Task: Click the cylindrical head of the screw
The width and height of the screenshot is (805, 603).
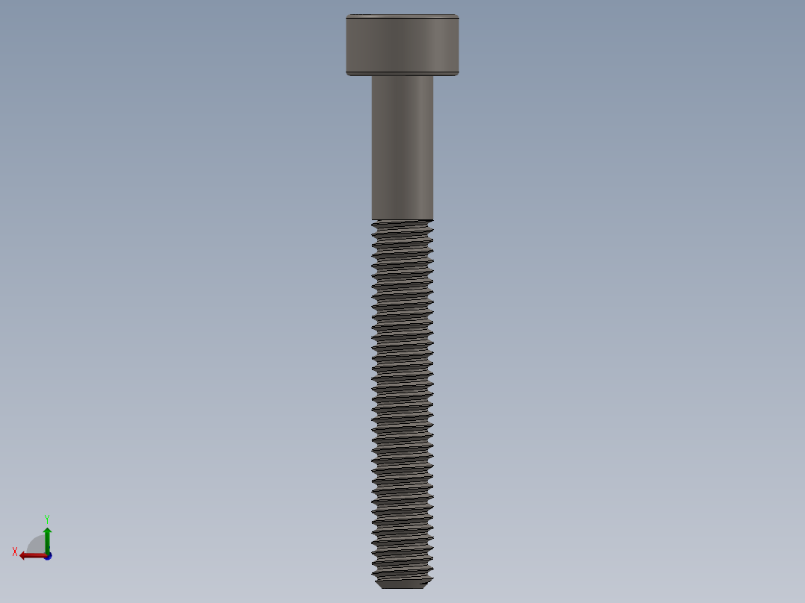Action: click(402, 45)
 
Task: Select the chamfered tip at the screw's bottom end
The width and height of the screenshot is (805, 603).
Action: click(402, 583)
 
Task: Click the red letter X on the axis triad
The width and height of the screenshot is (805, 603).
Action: click(15, 552)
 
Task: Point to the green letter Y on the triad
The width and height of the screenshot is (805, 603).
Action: click(46, 518)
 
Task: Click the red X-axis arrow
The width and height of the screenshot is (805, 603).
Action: click(33, 555)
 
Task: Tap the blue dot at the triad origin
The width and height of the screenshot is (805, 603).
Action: click(48, 556)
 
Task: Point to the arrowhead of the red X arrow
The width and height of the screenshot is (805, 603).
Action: click(23, 555)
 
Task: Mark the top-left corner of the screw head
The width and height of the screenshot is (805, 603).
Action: click(346, 15)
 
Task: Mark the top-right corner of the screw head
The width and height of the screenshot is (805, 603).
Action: click(459, 15)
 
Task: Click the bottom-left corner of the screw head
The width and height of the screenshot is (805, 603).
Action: click(346, 75)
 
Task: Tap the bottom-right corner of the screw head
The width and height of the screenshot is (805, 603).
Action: click(459, 75)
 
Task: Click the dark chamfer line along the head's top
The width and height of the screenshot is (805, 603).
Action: click(402, 17)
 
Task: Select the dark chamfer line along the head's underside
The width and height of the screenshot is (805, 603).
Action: click(402, 72)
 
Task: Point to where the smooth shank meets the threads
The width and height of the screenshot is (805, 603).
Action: click(402, 220)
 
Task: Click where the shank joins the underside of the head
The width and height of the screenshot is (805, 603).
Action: click(402, 77)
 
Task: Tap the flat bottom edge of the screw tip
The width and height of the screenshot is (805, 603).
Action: click(402, 588)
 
